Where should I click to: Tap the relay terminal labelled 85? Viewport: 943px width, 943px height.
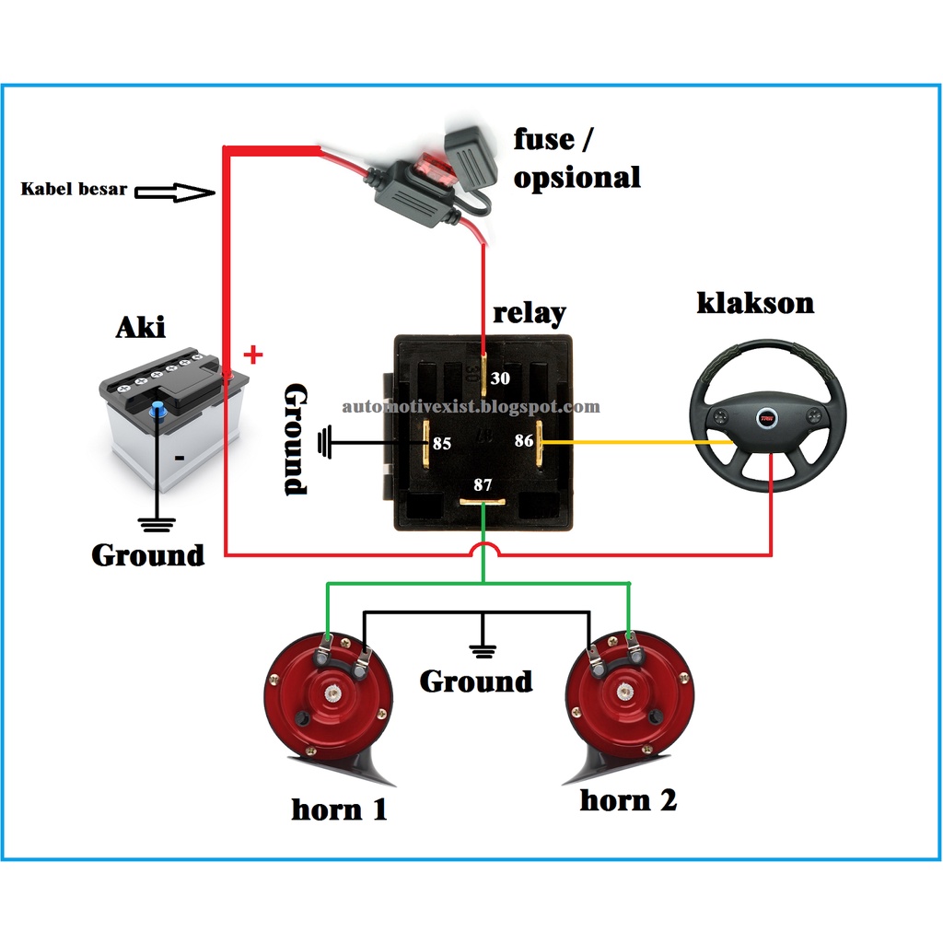point(426,442)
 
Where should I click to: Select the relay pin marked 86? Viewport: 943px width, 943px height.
point(541,442)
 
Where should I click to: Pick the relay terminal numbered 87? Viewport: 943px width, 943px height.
point(483,502)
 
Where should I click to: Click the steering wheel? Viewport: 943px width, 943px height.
point(767,415)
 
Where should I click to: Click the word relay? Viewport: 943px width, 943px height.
point(530,312)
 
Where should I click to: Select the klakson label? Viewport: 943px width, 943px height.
point(755,303)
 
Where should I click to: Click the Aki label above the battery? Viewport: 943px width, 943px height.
point(140,327)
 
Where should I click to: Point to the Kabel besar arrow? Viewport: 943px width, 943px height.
point(174,192)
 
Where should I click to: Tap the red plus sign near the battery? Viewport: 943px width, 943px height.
point(252,354)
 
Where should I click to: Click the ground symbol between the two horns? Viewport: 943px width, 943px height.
point(482,650)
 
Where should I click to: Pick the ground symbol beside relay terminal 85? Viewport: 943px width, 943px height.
point(323,444)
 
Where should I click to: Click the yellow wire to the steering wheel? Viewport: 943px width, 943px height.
point(635,443)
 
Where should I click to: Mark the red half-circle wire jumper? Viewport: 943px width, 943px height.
point(484,550)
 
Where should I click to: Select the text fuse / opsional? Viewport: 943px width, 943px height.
point(576,157)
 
